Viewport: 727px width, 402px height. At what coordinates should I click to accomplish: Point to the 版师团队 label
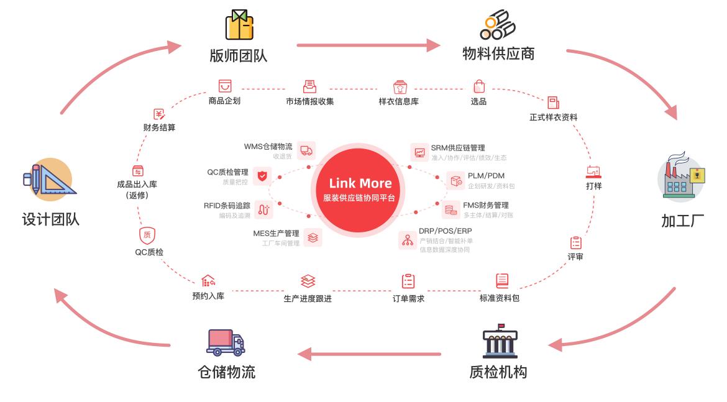pos(239,55)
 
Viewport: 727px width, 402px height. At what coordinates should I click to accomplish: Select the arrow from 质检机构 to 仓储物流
pos(369,355)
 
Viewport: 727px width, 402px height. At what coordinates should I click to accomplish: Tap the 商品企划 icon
pos(224,86)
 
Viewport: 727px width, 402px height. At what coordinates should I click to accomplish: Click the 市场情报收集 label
pos(309,101)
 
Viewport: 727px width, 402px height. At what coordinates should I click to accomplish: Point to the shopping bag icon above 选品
pos(478,86)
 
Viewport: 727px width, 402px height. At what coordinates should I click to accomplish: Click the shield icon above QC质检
pos(147,235)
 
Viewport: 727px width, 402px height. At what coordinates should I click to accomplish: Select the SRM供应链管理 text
pos(458,148)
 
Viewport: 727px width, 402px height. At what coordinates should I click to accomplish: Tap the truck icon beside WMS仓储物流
pos(306,150)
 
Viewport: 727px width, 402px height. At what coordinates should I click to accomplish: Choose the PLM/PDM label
pos(486,176)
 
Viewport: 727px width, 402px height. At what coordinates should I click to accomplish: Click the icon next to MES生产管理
pos(313,237)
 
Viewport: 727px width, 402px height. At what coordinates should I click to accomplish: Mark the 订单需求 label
pos(408,298)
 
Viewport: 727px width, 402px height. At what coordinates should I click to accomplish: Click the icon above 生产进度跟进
pos(308,281)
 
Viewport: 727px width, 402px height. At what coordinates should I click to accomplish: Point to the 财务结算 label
pos(159,128)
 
